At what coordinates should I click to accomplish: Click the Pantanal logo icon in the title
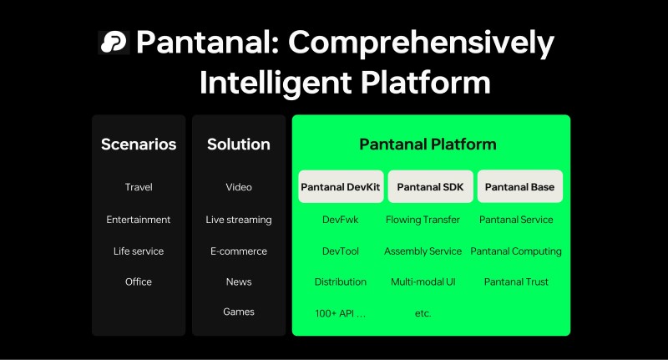point(113,42)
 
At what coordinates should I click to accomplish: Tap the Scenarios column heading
point(139,145)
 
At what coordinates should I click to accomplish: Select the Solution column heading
point(239,145)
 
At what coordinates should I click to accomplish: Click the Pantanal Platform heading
point(428,145)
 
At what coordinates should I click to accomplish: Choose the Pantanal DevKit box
point(340,187)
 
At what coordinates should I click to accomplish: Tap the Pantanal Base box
point(519,187)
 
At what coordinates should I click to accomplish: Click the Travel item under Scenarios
point(139,187)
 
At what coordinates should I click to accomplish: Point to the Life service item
point(139,251)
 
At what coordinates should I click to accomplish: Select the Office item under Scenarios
point(139,281)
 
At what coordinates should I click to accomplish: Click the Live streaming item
point(239,220)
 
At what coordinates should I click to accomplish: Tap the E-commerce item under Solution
point(239,251)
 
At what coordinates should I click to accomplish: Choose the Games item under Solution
point(239,312)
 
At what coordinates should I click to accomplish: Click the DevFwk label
point(340,220)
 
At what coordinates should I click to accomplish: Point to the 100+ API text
point(340,313)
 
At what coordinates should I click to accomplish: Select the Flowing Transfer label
point(423,220)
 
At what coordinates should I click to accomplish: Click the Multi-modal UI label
point(423,281)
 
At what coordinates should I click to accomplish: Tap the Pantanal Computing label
point(516,251)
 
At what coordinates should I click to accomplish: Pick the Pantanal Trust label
point(516,281)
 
